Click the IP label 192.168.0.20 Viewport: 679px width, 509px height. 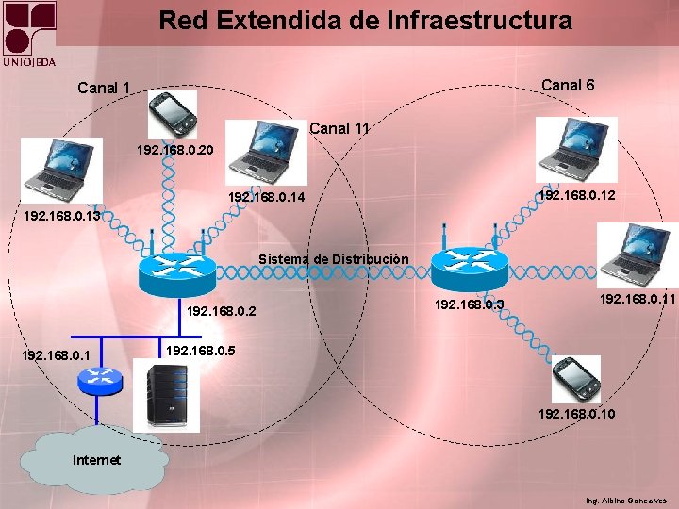[x=175, y=150]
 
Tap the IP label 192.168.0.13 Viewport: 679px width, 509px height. [x=62, y=216]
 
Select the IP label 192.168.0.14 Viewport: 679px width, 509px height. [x=267, y=198]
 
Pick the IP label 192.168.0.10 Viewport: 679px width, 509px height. [x=577, y=414]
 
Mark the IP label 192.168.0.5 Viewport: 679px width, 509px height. [x=201, y=351]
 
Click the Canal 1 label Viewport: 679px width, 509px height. [x=104, y=89]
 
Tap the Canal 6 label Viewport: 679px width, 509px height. [x=568, y=85]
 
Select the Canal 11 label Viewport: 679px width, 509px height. [x=339, y=127]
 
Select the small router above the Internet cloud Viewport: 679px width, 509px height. [x=100, y=380]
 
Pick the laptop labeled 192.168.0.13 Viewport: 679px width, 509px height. [x=62, y=170]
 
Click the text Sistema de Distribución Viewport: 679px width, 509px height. [x=333, y=258]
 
